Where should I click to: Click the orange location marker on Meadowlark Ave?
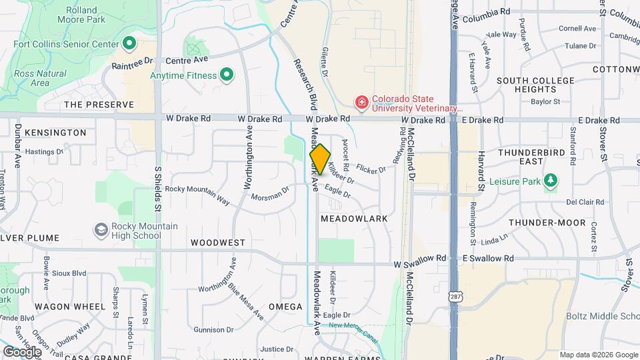[320, 159]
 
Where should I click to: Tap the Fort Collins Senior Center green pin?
[130, 45]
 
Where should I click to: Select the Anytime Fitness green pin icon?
[227, 75]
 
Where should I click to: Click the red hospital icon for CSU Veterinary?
[361, 102]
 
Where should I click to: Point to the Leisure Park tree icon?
[550, 180]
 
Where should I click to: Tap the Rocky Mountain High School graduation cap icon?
[101, 230]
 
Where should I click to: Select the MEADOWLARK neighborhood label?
[354, 219]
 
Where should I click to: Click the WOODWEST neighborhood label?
[217, 243]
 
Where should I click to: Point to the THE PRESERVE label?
[99, 105]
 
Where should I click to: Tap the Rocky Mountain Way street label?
[197, 194]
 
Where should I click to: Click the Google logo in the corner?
[22, 351]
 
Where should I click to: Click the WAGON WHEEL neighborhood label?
[70, 307]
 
